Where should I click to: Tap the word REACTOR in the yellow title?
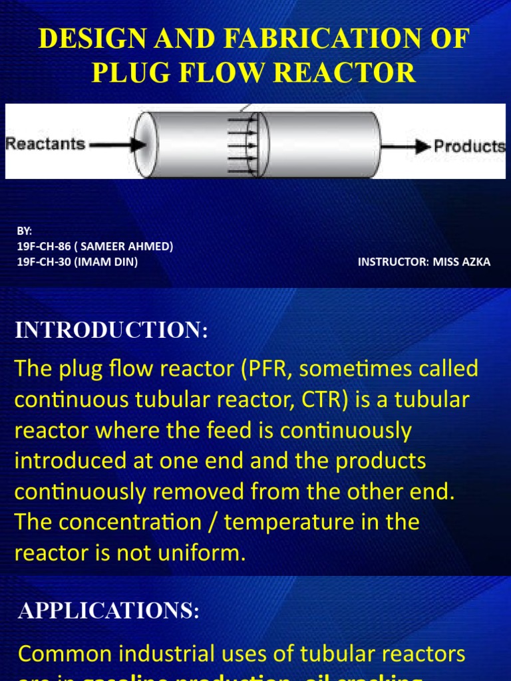(351, 72)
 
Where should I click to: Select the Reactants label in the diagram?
(45, 143)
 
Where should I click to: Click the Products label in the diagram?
(470, 146)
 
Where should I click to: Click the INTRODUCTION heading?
(111, 331)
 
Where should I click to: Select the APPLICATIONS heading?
(109, 611)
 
